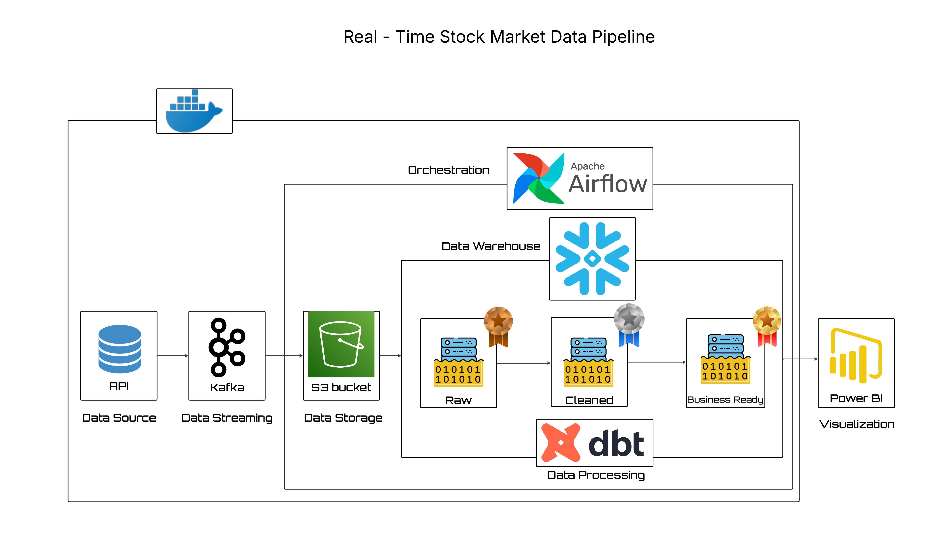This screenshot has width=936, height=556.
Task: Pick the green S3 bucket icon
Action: point(341,344)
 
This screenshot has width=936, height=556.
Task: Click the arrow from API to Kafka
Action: point(172,356)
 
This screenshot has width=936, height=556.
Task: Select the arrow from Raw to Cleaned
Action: point(523,363)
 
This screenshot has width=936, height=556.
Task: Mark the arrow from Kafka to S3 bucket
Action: point(284,356)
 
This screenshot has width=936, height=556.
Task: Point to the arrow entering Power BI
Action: point(800,359)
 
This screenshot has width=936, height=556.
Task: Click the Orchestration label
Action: point(448,170)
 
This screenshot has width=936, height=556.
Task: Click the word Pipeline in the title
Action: point(623,37)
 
